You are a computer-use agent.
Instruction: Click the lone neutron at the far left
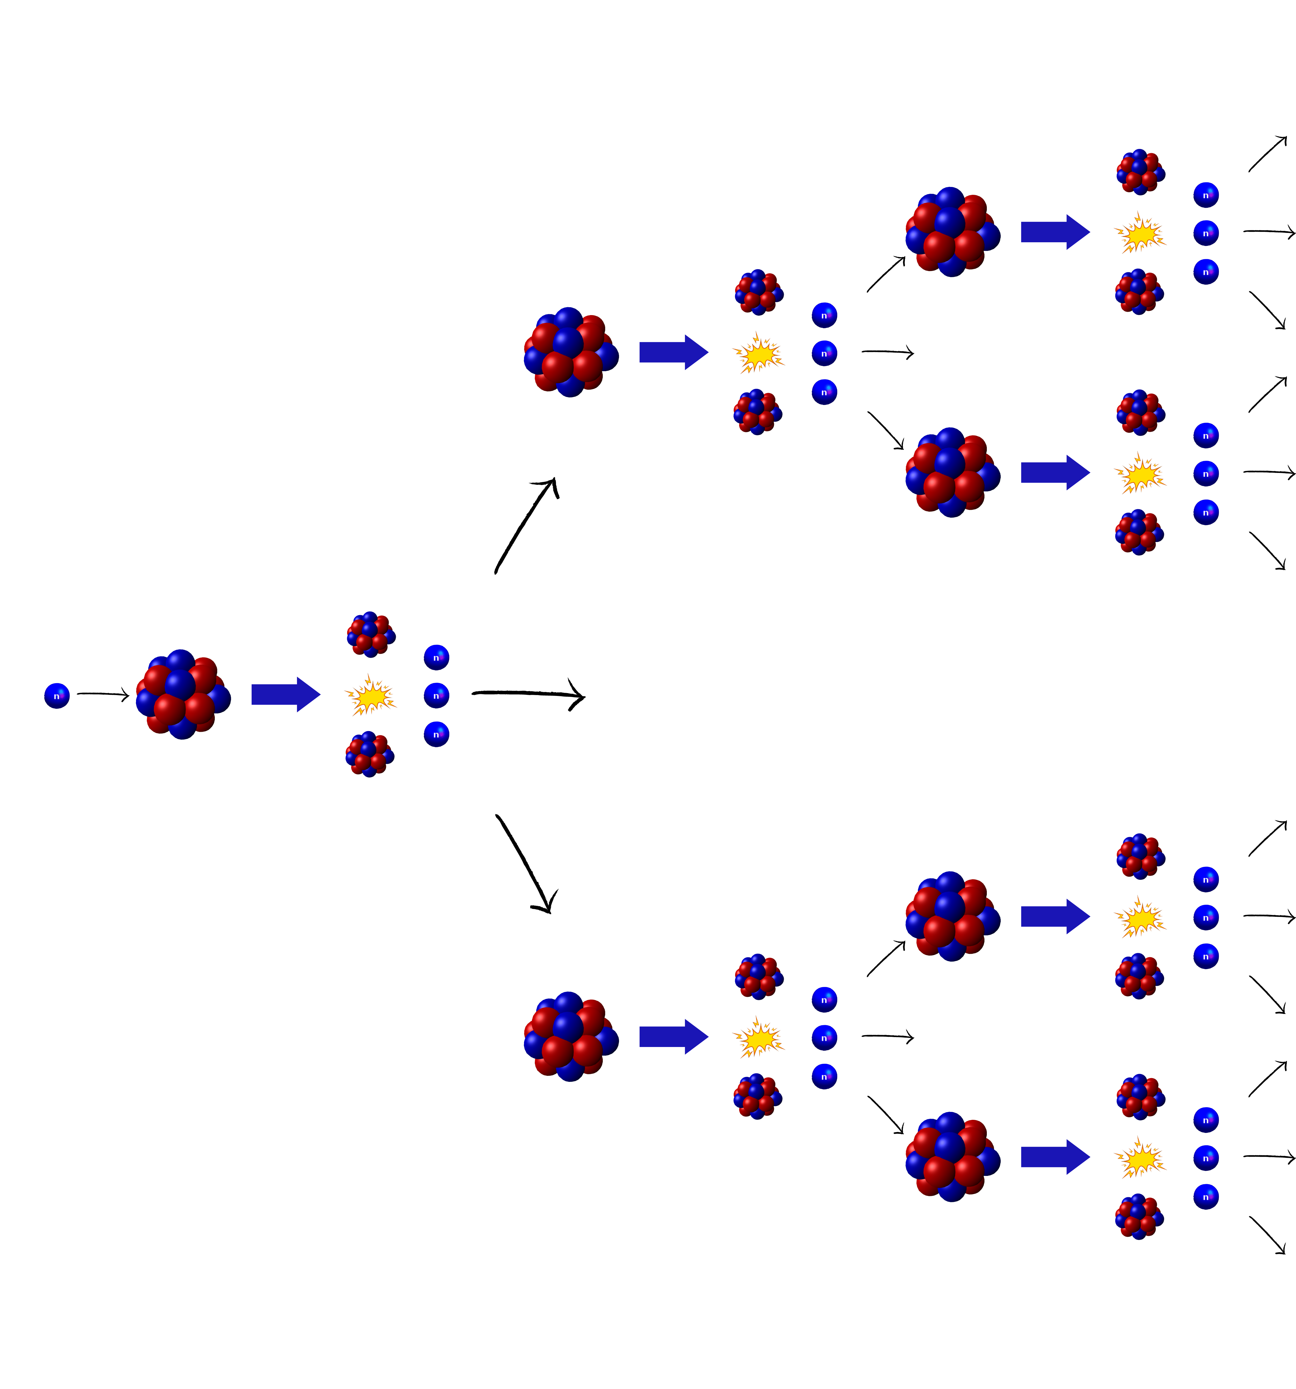[57, 696]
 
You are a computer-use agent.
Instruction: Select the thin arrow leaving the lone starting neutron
[103, 694]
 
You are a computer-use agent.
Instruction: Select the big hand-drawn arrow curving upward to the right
[525, 525]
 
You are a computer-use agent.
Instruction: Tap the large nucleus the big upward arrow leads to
[571, 352]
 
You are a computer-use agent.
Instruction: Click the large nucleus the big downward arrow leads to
[571, 1037]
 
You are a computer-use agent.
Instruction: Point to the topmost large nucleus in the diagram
[952, 232]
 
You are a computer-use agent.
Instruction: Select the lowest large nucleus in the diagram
[952, 1157]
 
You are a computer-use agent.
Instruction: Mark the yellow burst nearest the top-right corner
[1140, 233]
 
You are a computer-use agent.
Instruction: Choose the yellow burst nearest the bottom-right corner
[1140, 1158]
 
